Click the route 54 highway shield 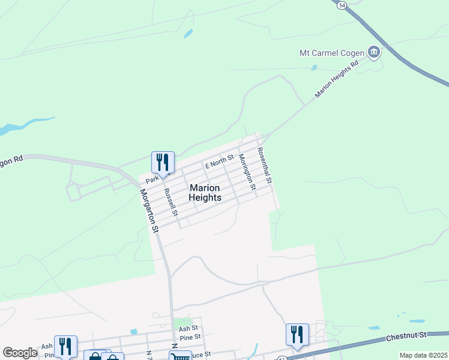click(x=342, y=5)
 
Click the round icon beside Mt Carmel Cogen click(x=374, y=53)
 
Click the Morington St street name click(x=247, y=172)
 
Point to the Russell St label click(x=170, y=203)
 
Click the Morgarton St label click(x=149, y=211)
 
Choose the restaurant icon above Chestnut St click(x=297, y=335)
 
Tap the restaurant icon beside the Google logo click(x=65, y=346)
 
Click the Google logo click(x=20, y=353)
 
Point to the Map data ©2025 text click(x=423, y=355)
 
